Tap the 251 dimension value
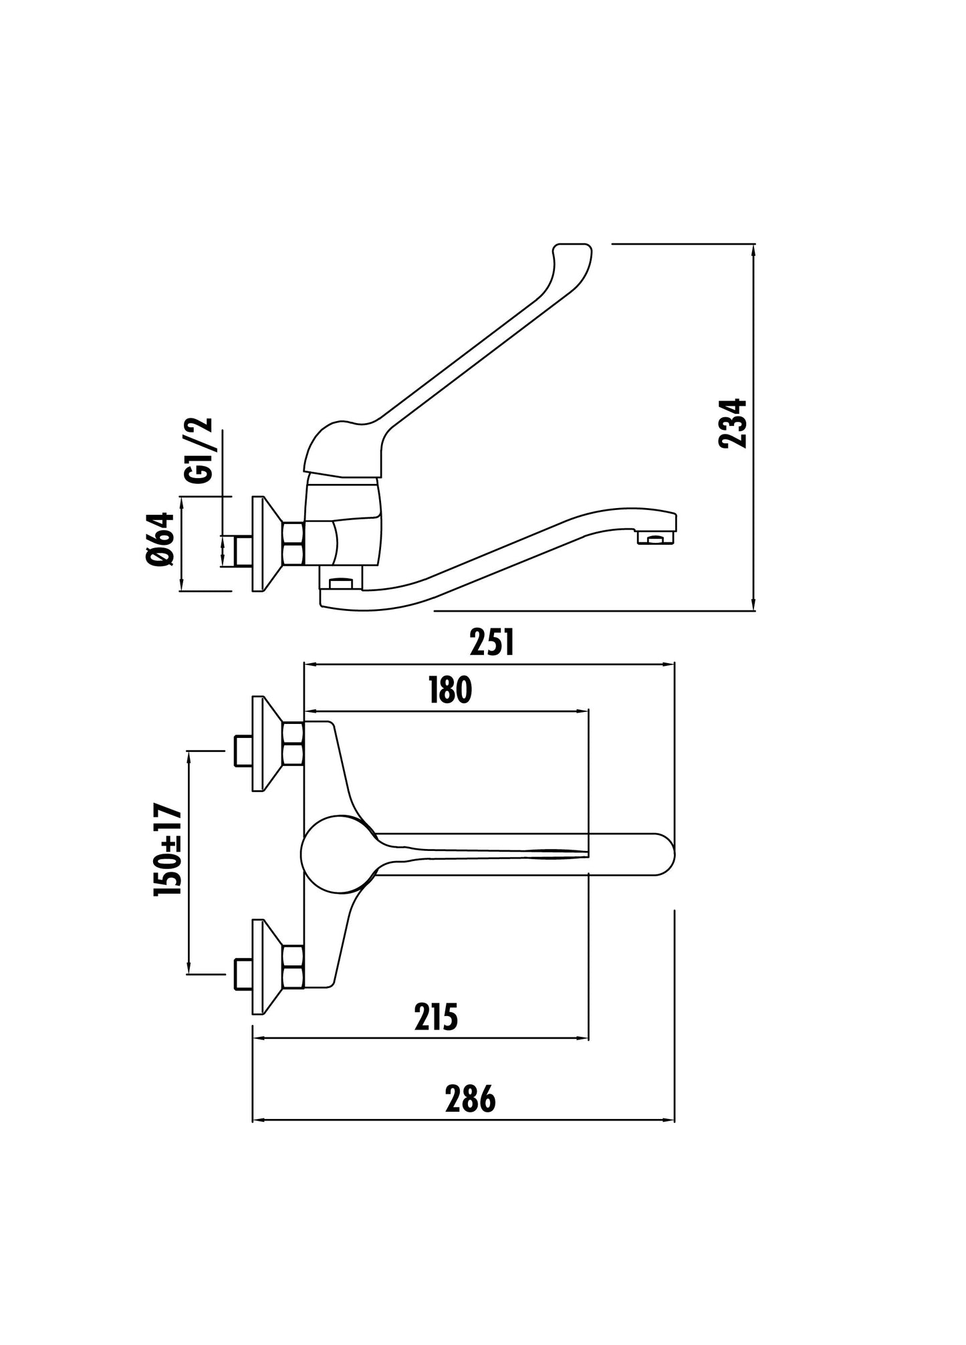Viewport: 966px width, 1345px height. tap(491, 643)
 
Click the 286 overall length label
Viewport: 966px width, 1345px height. tap(470, 1099)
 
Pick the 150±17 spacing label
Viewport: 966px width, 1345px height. tap(168, 850)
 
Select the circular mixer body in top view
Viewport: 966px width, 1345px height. tap(336, 854)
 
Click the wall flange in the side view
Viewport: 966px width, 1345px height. tap(264, 543)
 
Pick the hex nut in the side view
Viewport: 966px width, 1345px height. tap(294, 543)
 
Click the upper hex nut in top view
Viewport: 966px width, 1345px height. tap(293, 743)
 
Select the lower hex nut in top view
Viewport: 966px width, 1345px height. tap(293, 967)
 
